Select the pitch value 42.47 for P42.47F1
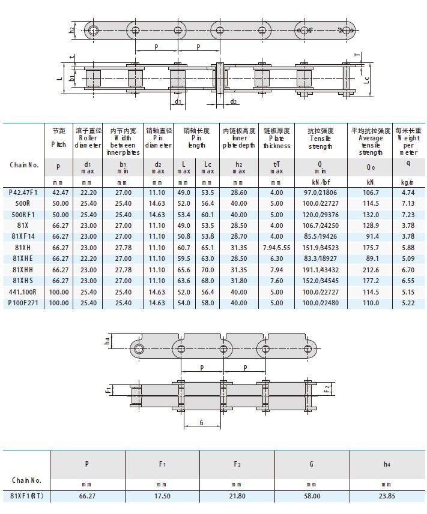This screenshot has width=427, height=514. point(58,193)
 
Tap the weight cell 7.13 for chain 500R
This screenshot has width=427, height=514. point(408,203)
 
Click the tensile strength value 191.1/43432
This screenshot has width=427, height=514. point(319,270)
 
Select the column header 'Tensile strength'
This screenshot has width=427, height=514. point(320,138)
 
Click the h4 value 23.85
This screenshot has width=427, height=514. point(386,496)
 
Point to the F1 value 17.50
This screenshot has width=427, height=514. point(162,496)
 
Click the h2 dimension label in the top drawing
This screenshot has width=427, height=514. point(72,29)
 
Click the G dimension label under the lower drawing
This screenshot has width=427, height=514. point(201,422)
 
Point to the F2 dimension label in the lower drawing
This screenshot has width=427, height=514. point(327,389)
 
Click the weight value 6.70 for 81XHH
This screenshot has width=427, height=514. point(408,270)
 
